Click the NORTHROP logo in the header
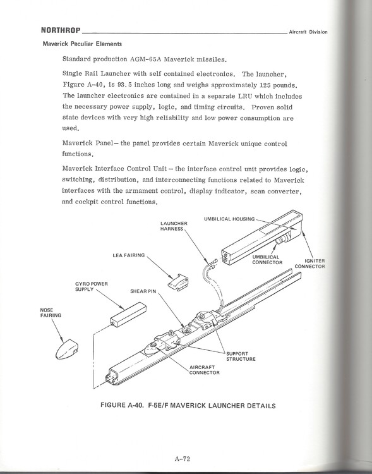coord(60,30)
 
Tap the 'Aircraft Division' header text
coord(308,32)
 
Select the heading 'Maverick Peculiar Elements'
coord(82,44)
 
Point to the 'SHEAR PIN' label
coord(143,292)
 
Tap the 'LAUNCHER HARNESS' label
coord(173,226)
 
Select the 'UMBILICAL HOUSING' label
coord(229,219)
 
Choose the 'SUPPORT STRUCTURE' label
coord(241,355)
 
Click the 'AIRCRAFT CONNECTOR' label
coord(204,369)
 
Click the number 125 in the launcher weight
coord(266,85)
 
